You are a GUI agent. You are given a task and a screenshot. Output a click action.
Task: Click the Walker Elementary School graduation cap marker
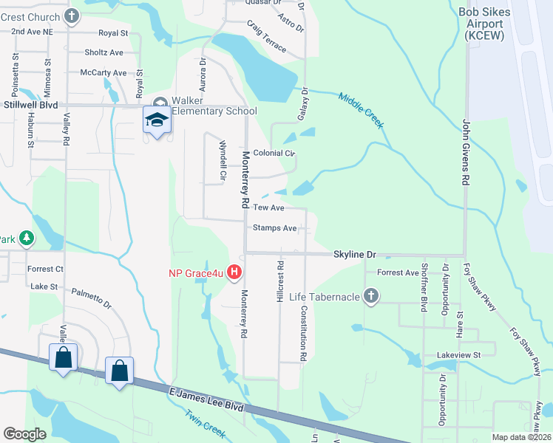pos(157,120)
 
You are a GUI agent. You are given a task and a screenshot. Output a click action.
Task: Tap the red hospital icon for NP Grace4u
pos(234,273)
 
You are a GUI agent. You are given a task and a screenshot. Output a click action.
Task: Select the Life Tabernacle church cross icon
pos(371,297)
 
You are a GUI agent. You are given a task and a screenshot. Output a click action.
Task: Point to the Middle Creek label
pos(362,110)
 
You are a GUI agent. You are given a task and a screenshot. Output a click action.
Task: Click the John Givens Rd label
pos(466,152)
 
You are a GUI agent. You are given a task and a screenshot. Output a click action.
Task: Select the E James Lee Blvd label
pos(206,399)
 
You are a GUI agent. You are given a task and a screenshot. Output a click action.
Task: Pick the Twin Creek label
pos(204,425)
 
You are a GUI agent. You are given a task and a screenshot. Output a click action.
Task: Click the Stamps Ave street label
pos(275,228)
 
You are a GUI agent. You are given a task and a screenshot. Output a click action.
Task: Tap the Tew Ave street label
pos(268,208)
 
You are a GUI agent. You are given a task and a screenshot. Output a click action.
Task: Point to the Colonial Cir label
pos(274,154)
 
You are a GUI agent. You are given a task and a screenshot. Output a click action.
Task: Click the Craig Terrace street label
pos(267,35)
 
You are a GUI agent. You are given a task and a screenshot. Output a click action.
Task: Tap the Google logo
pos(24,434)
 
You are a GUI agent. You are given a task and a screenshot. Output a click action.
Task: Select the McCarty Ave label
pos(104,72)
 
